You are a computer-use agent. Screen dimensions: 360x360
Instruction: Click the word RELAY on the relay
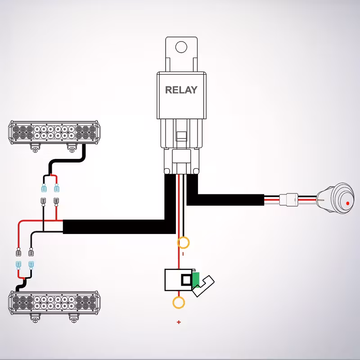click(181, 90)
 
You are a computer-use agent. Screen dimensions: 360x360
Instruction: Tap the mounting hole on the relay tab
click(181, 47)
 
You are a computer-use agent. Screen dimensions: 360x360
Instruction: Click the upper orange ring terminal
click(184, 243)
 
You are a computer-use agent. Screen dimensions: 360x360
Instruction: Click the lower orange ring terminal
click(179, 302)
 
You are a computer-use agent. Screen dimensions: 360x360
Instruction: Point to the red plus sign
click(179, 322)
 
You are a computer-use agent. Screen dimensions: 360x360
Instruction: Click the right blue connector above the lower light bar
click(31, 264)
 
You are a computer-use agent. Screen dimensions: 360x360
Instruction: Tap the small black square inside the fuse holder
click(185, 280)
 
